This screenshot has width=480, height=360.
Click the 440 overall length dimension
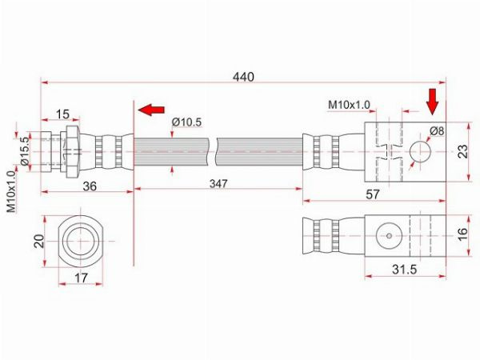tap(243, 77)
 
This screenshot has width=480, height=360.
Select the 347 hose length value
tap(218, 184)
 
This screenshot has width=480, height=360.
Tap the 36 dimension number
tap(90, 186)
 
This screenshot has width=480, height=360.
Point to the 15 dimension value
tap(62, 114)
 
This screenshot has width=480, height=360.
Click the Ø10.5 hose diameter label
tap(186, 122)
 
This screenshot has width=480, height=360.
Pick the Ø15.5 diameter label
tap(26, 151)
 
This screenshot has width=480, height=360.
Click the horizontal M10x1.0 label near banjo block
tap(349, 105)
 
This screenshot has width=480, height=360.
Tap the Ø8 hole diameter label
tap(437, 131)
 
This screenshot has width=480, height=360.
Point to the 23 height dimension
tap(463, 151)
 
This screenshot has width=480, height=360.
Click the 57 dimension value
tap(373, 194)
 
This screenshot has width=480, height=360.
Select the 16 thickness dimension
tap(462, 234)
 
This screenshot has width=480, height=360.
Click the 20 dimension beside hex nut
tap(39, 241)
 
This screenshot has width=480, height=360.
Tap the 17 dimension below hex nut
tap(81, 278)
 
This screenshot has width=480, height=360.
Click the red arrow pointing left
tap(151, 110)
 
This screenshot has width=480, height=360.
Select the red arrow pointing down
tap(433, 102)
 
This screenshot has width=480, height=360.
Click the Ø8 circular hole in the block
tap(420, 151)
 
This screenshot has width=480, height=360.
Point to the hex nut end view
tap(81, 241)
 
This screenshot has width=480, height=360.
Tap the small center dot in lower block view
tap(389, 236)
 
